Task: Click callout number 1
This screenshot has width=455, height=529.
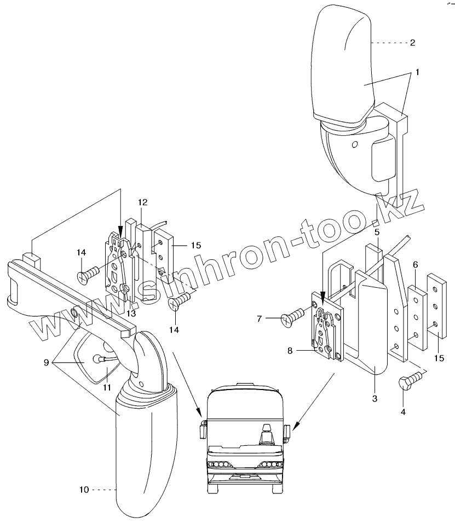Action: click(417, 72)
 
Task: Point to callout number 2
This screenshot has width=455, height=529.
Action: click(412, 42)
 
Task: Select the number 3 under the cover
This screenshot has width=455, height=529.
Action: click(375, 398)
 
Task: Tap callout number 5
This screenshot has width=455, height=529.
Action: click(377, 232)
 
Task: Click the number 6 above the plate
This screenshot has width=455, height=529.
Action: click(416, 264)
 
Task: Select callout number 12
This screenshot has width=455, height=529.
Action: click(142, 202)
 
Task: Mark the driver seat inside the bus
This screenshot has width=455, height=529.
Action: click(267, 435)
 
